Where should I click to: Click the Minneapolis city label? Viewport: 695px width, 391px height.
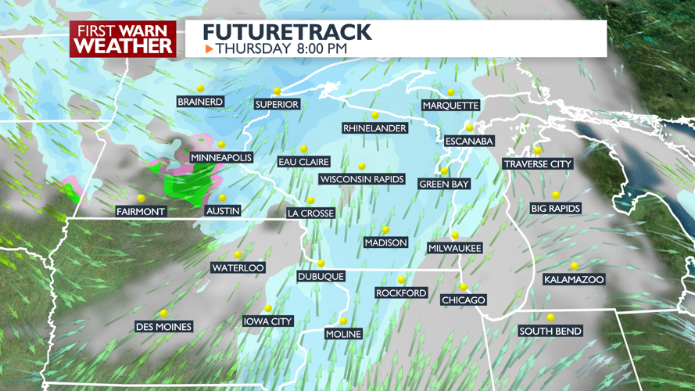(221, 158)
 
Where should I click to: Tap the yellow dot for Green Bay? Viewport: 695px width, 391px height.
(444, 171)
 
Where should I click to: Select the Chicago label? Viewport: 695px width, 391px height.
(464, 300)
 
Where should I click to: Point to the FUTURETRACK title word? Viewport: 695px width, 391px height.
(287, 33)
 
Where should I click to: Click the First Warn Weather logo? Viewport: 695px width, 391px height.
(123, 38)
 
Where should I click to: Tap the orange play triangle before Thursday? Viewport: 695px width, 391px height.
(209, 49)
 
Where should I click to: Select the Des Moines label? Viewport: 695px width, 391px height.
(163, 327)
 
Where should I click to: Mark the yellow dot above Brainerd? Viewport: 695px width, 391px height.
(200, 88)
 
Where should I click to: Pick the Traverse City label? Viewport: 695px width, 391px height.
(538, 164)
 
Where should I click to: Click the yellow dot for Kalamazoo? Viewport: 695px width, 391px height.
(574, 267)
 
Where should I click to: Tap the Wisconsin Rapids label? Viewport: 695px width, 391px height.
(362, 180)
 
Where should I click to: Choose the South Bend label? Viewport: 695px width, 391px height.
(550, 332)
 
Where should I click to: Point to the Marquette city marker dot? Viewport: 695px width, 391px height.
(451, 92)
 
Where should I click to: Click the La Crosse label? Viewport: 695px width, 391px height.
(310, 213)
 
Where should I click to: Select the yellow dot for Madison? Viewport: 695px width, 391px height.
(385, 230)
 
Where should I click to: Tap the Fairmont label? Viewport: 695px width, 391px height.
(141, 212)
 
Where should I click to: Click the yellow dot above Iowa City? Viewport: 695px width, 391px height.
(268, 308)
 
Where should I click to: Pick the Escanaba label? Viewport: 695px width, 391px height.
(469, 142)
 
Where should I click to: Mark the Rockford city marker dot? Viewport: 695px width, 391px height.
(401, 280)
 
